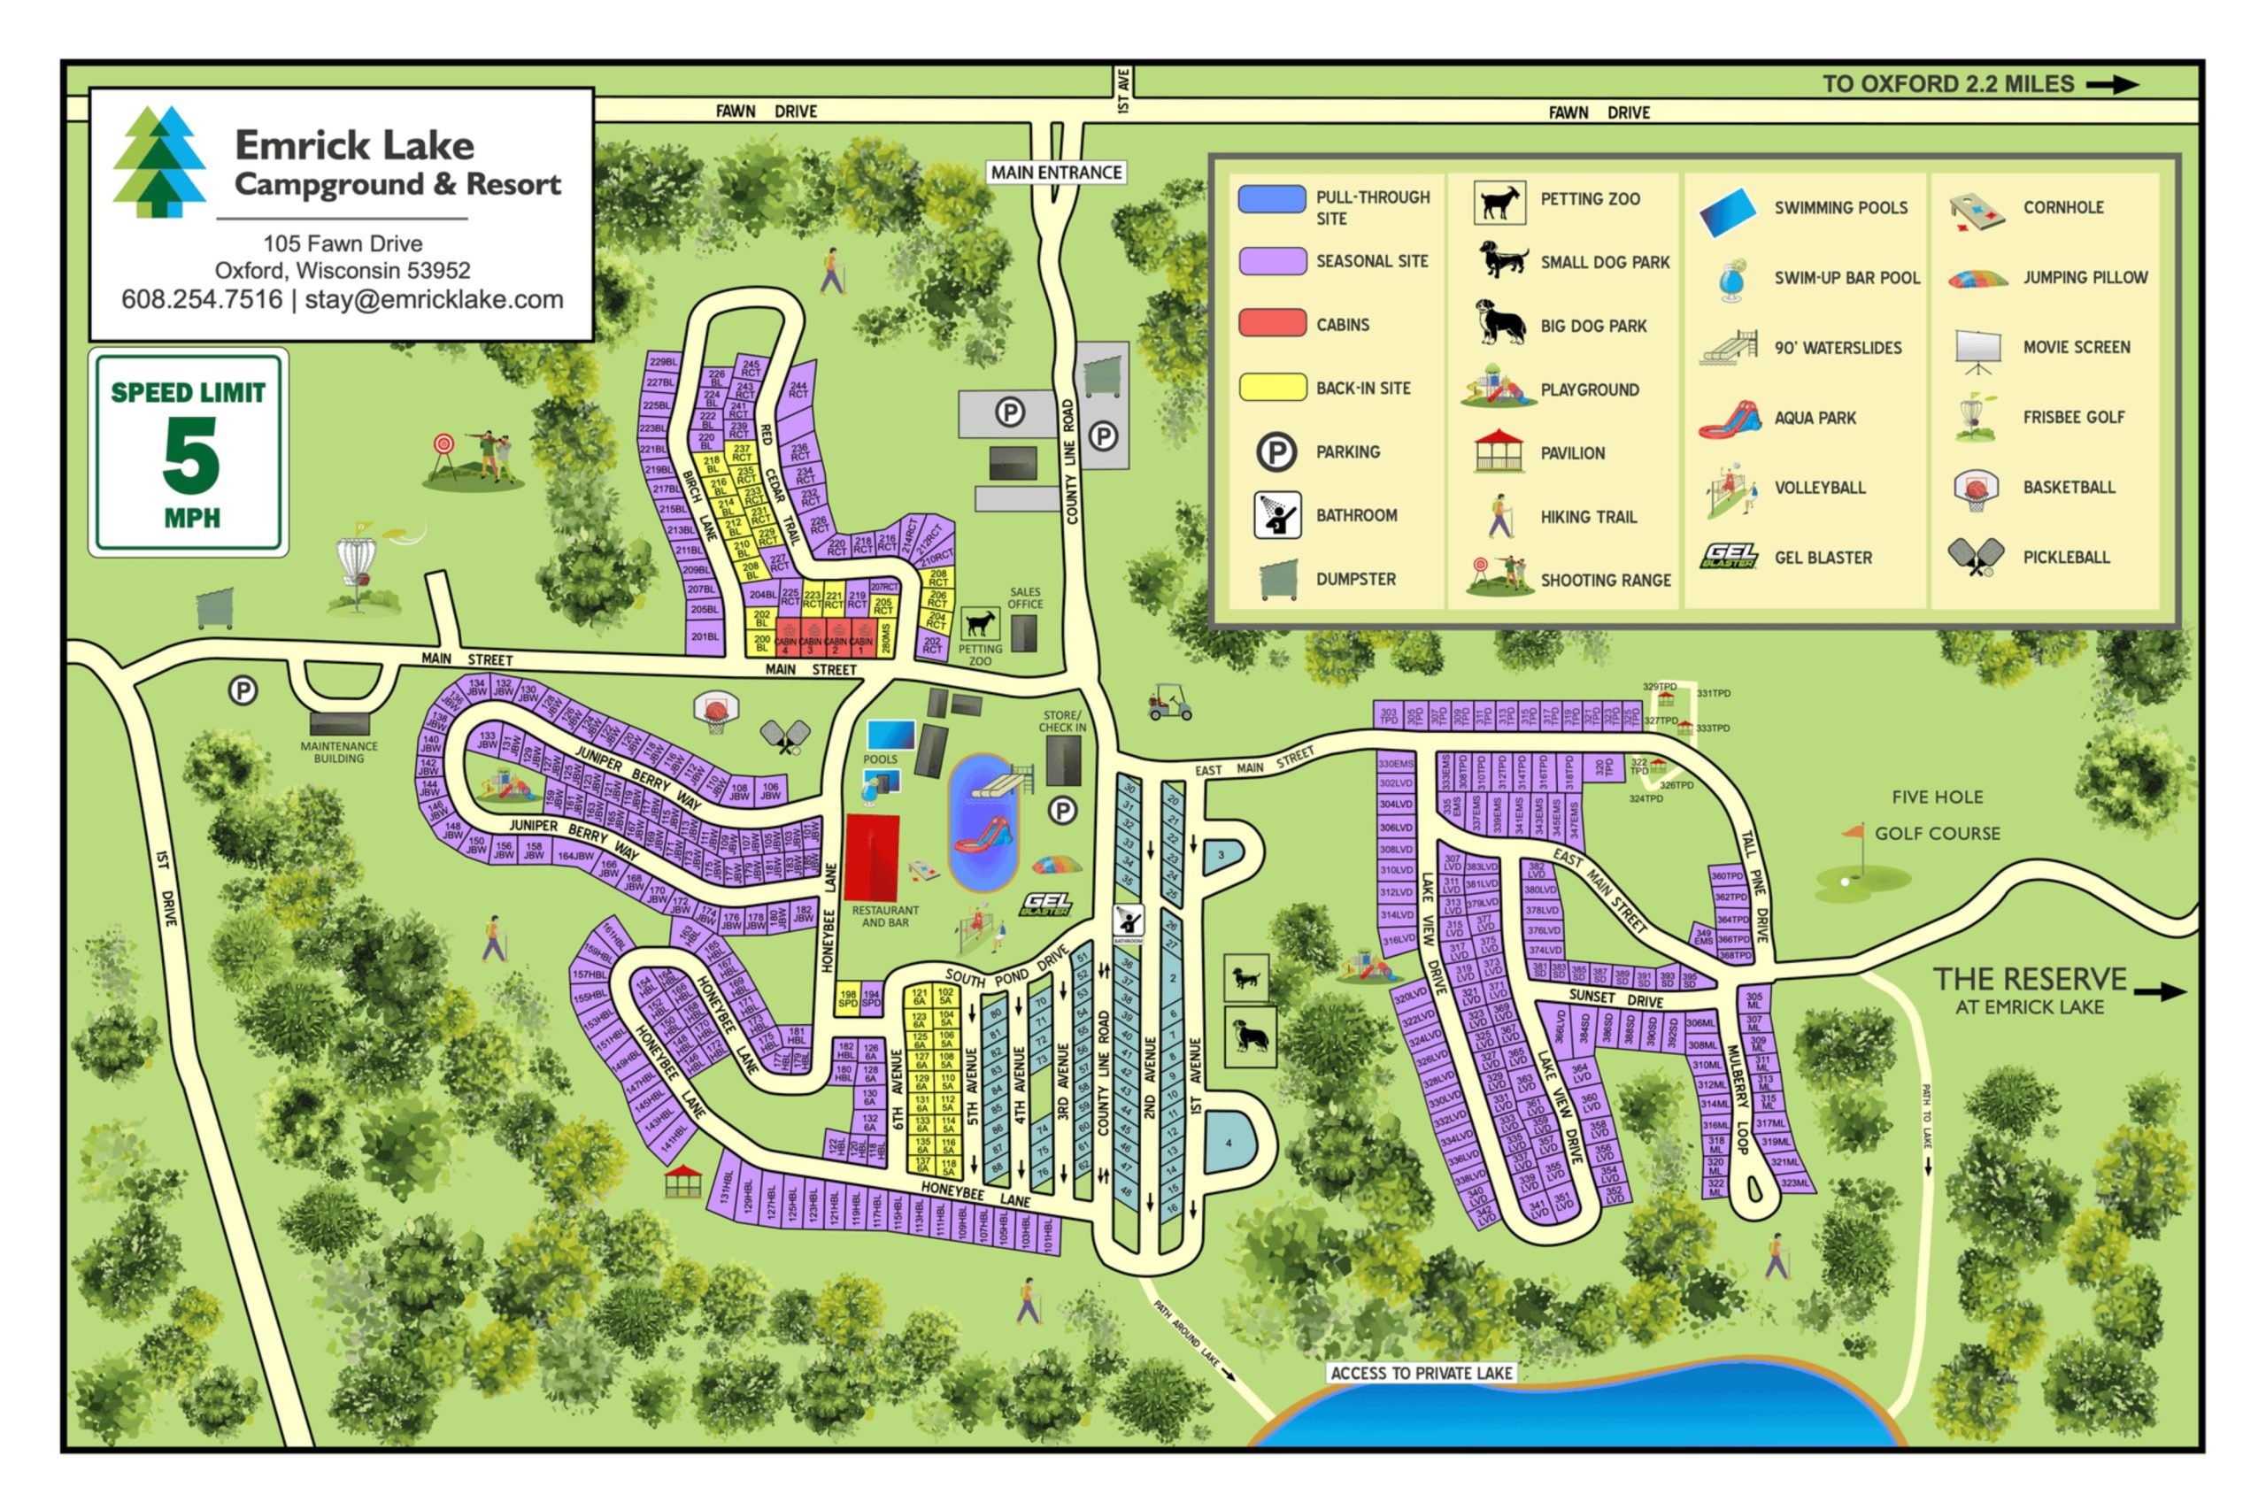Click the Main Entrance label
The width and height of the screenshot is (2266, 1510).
[x=1057, y=173]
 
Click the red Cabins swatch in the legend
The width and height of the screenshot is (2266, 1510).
[x=1271, y=322]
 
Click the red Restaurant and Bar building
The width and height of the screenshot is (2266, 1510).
[x=872, y=857]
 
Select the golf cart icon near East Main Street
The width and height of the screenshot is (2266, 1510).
[x=1169, y=704]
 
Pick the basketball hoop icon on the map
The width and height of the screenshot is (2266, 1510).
[x=715, y=712]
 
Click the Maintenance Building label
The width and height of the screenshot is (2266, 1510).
[x=338, y=752]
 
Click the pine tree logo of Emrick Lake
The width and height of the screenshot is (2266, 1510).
[x=159, y=161]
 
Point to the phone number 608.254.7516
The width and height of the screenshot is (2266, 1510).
[x=201, y=299]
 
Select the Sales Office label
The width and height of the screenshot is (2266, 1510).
[x=1024, y=598]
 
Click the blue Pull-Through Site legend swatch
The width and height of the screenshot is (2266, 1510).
[x=1271, y=198]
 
